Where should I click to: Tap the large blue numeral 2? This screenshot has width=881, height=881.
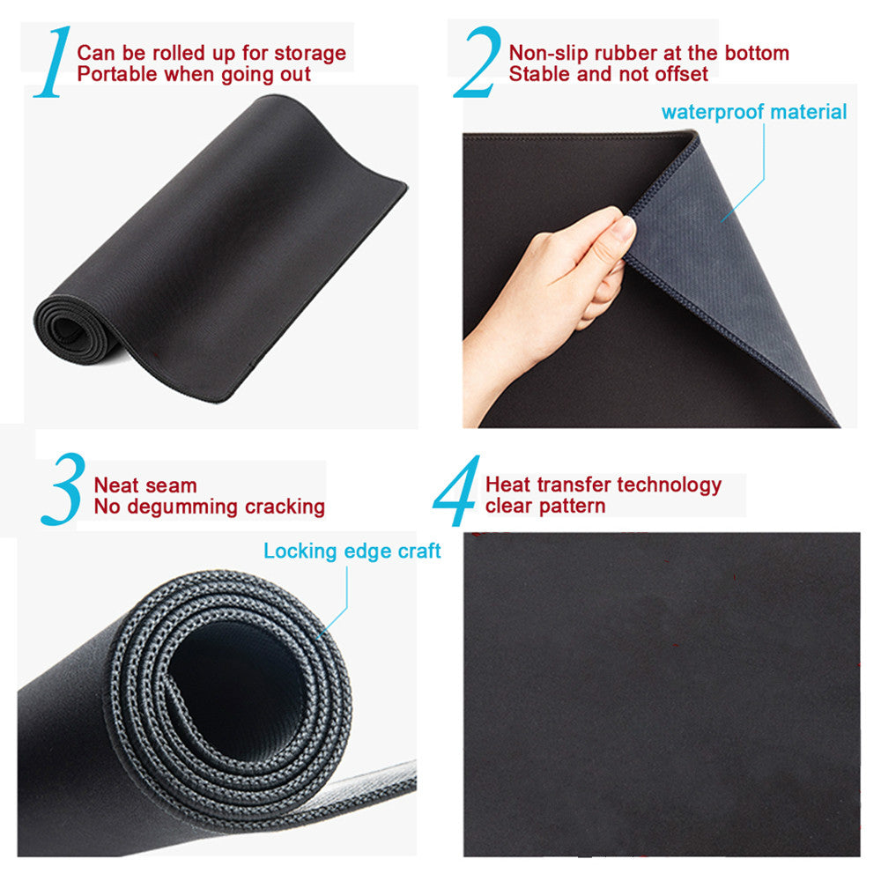[x=478, y=62]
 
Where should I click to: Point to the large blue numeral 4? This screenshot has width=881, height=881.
[x=456, y=490]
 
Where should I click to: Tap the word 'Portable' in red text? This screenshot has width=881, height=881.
[x=117, y=74]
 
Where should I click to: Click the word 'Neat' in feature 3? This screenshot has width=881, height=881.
[x=117, y=485]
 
